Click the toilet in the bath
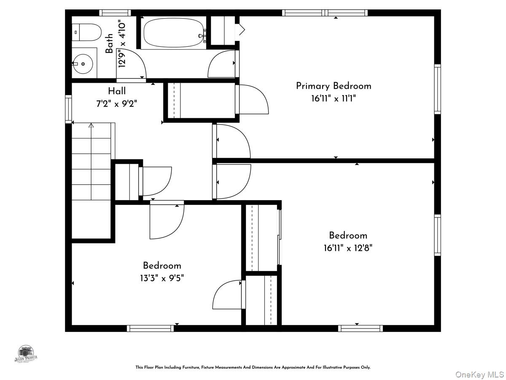click(87, 32)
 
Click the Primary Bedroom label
click(334, 86)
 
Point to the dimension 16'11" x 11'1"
click(334, 98)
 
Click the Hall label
click(117, 91)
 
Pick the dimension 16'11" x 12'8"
click(348, 248)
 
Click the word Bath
click(110, 43)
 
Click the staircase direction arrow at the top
click(91, 125)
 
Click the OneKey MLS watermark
click(480, 374)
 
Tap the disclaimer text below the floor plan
click(253, 367)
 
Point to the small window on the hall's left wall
click(68, 109)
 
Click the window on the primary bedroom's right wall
click(437, 89)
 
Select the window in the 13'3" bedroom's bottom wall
click(150, 328)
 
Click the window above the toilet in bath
click(115, 13)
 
